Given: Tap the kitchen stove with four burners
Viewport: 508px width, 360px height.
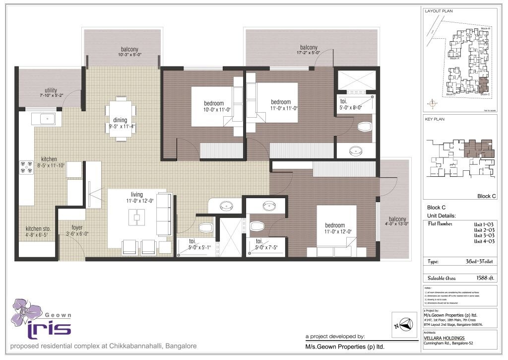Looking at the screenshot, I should tap(25, 167).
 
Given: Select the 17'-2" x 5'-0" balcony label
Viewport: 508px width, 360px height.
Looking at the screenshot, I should tap(308, 49).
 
